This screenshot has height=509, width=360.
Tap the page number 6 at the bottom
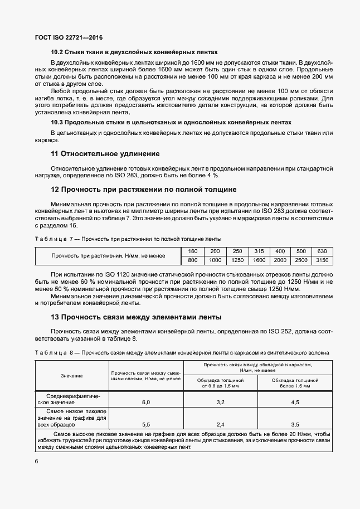36,462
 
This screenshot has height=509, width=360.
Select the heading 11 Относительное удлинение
105,153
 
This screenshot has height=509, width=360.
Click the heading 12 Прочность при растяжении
144,190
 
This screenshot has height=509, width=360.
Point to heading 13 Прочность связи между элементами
136,317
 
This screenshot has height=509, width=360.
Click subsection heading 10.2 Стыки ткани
134,52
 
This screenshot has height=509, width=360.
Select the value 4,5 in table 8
295,402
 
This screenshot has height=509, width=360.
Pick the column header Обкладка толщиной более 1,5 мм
295,382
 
